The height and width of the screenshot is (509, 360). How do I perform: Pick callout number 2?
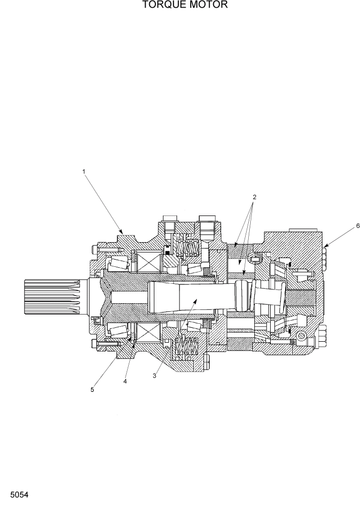pyautogui.click(x=254, y=197)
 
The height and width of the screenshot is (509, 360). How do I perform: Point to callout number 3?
pyautogui.click(x=154, y=376)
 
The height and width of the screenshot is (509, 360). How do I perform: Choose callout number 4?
pyautogui.click(x=125, y=381)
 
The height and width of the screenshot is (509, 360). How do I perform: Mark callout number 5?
pyautogui.click(x=92, y=389)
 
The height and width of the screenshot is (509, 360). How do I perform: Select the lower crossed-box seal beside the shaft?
pyautogui.click(x=149, y=334)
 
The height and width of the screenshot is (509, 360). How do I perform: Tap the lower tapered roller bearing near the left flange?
pyautogui.click(x=117, y=331)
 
